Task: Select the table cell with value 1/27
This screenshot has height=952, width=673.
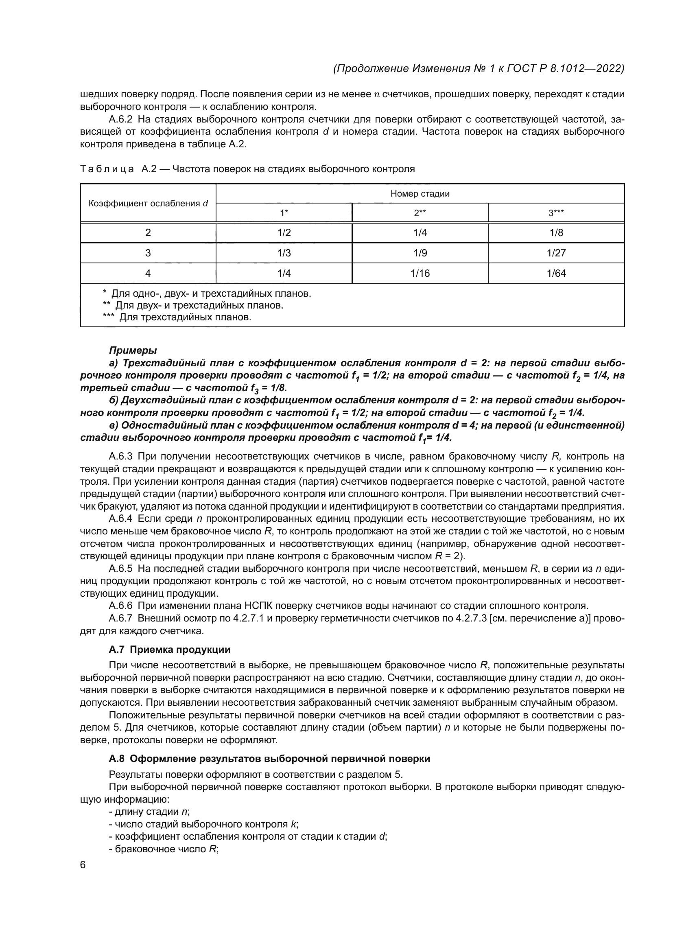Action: (x=556, y=253)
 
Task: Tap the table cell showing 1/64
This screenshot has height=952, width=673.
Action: (x=556, y=273)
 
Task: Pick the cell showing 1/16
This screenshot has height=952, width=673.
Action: (x=420, y=273)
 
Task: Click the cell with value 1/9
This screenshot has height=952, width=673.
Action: (x=420, y=253)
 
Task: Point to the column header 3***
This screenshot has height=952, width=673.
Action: (x=556, y=213)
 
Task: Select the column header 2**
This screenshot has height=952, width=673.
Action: (x=420, y=213)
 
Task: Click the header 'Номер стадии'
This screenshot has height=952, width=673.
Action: (x=420, y=194)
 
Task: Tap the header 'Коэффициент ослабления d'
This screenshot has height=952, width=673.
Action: (x=148, y=204)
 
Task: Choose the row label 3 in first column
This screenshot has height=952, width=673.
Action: (x=148, y=253)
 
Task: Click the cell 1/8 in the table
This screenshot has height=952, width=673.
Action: (x=556, y=233)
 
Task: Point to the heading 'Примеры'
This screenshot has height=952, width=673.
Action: (x=133, y=350)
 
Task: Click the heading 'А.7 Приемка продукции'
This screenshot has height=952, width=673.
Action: (x=170, y=650)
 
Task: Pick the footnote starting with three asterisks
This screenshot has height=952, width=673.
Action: (x=177, y=317)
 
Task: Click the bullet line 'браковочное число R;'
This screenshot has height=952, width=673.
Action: (x=164, y=849)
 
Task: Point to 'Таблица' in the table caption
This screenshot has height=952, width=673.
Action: (x=107, y=169)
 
